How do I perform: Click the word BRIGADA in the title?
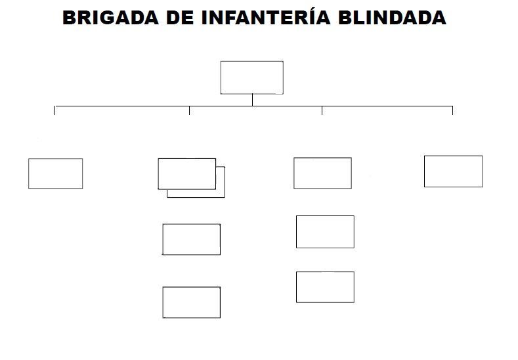tap(110, 18)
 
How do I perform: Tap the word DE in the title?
tap(180, 18)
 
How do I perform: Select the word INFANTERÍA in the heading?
tap(266, 17)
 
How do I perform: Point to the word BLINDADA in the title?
tap(392, 18)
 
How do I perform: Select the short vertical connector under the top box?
tap(252, 100)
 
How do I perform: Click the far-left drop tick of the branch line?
tap(55, 110)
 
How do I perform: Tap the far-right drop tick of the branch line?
tap(452, 110)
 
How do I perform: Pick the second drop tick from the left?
tap(189, 110)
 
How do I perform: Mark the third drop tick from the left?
tap(322, 110)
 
